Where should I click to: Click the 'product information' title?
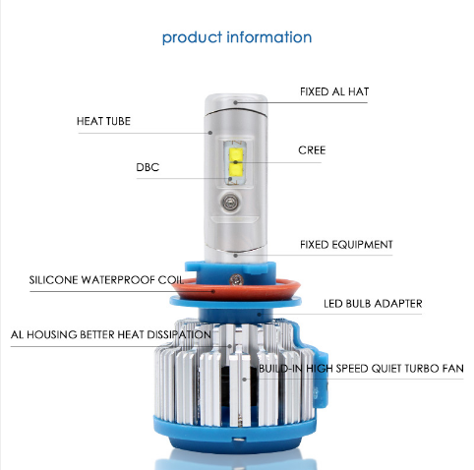(237, 37)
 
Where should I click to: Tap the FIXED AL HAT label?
(334, 91)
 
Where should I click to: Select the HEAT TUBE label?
(103, 121)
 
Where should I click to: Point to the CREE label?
(312, 150)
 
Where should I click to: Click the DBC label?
(148, 167)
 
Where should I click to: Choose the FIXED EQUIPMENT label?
(346, 245)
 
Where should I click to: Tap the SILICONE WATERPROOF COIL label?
(106, 280)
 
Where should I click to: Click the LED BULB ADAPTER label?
(373, 304)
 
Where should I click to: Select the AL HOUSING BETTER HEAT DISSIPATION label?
(111, 334)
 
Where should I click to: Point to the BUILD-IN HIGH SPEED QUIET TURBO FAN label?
(361, 369)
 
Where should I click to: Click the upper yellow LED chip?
(236, 154)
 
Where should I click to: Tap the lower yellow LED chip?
(236, 169)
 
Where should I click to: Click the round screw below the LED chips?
(230, 202)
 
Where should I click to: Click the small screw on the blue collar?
(236, 279)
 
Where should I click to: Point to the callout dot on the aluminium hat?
(235, 102)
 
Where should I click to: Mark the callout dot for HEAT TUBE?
(210, 133)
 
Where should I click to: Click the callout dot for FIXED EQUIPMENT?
(235, 255)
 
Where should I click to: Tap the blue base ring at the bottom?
(234, 435)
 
